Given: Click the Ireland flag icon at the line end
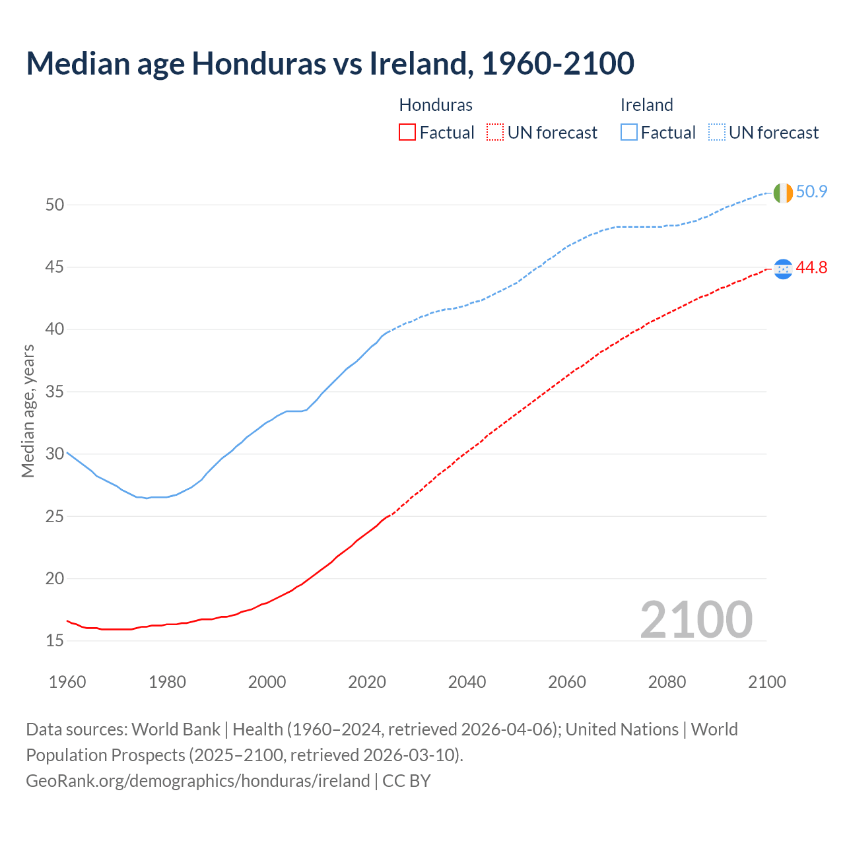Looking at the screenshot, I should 782,193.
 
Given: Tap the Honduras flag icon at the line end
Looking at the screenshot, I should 782,269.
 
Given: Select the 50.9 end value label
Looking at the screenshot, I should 811,192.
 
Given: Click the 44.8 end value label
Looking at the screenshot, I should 811,268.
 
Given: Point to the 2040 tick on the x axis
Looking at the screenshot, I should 467,682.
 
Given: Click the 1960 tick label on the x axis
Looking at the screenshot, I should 67,682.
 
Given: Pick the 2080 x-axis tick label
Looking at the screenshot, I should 667,682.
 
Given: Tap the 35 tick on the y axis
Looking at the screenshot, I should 55,392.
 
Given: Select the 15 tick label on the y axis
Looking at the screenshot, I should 55,641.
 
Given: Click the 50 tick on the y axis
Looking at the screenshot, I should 55,205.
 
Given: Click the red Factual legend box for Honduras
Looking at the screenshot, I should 407,133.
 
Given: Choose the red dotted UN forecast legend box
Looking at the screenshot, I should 495,133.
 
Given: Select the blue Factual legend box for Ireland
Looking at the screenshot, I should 629,133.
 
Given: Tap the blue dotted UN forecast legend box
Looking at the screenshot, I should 716,133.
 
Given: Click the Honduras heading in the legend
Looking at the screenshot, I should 436,105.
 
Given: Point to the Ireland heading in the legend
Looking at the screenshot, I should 646,105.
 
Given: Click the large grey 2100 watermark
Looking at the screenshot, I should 696,620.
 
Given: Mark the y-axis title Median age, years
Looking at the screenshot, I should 28,411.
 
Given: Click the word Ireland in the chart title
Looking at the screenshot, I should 419,63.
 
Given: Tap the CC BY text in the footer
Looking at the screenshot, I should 407,781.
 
